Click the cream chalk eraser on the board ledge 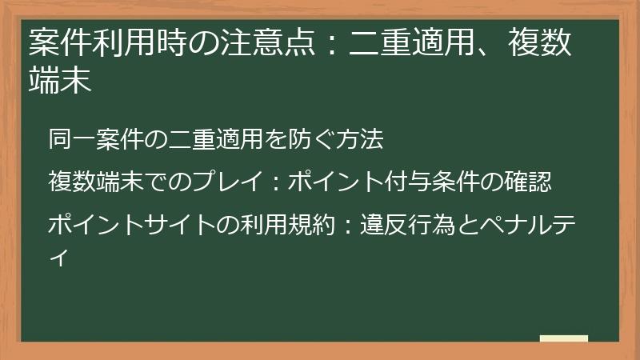point(563,338)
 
